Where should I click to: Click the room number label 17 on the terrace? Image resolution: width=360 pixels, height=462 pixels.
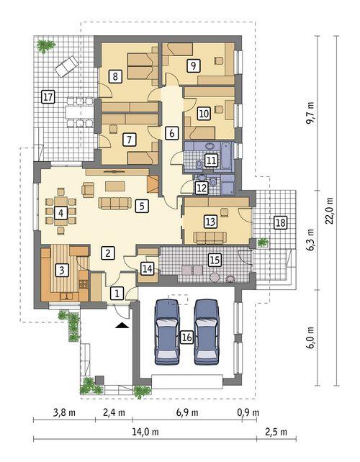pyautogui.click(x=48, y=96)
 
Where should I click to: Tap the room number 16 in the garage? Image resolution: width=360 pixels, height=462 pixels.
pyautogui.click(x=186, y=336)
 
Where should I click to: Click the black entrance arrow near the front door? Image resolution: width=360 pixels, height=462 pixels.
pyautogui.click(x=122, y=326)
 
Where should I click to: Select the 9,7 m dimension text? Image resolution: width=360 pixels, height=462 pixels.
pyautogui.click(x=310, y=113)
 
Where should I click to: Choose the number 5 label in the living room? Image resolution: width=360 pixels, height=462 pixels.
pyautogui.click(x=141, y=206)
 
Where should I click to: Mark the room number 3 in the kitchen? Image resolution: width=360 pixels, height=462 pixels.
pyautogui.click(x=62, y=270)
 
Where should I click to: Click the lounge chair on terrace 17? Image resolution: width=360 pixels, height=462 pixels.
pyautogui.click(x=67, y=65)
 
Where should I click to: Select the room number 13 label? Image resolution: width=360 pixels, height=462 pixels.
pyautogui.click(x=211, y=221)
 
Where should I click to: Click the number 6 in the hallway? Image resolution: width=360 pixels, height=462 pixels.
pyautogui.click(x=171, y=132)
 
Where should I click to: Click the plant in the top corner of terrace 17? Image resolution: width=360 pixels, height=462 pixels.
pyautogui.click(x=47, y=46)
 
